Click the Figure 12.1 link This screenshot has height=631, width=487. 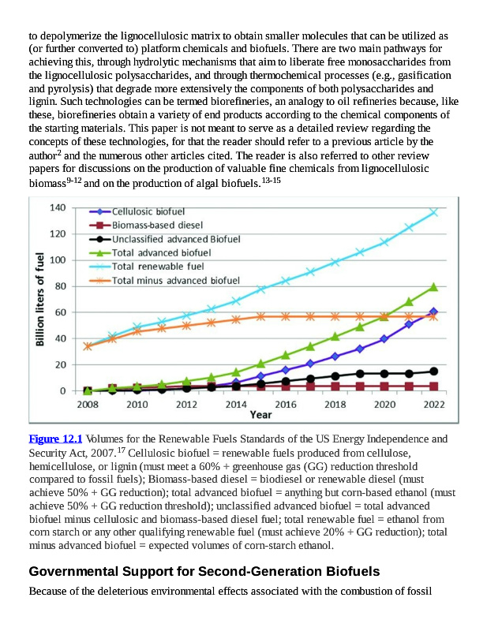[55, 439]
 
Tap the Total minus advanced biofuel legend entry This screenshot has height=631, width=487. [175, 280]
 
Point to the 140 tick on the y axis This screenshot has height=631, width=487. [57, 207]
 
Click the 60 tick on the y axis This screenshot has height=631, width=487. [60, 312]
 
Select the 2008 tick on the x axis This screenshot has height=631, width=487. [88, 405]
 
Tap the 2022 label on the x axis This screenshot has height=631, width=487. [433, 405]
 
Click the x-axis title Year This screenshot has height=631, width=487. [260, 415]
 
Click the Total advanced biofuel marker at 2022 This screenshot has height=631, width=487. [433, 287]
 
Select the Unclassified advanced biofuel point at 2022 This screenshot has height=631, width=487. [433, 372]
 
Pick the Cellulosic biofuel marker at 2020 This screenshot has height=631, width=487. [384, 339]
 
